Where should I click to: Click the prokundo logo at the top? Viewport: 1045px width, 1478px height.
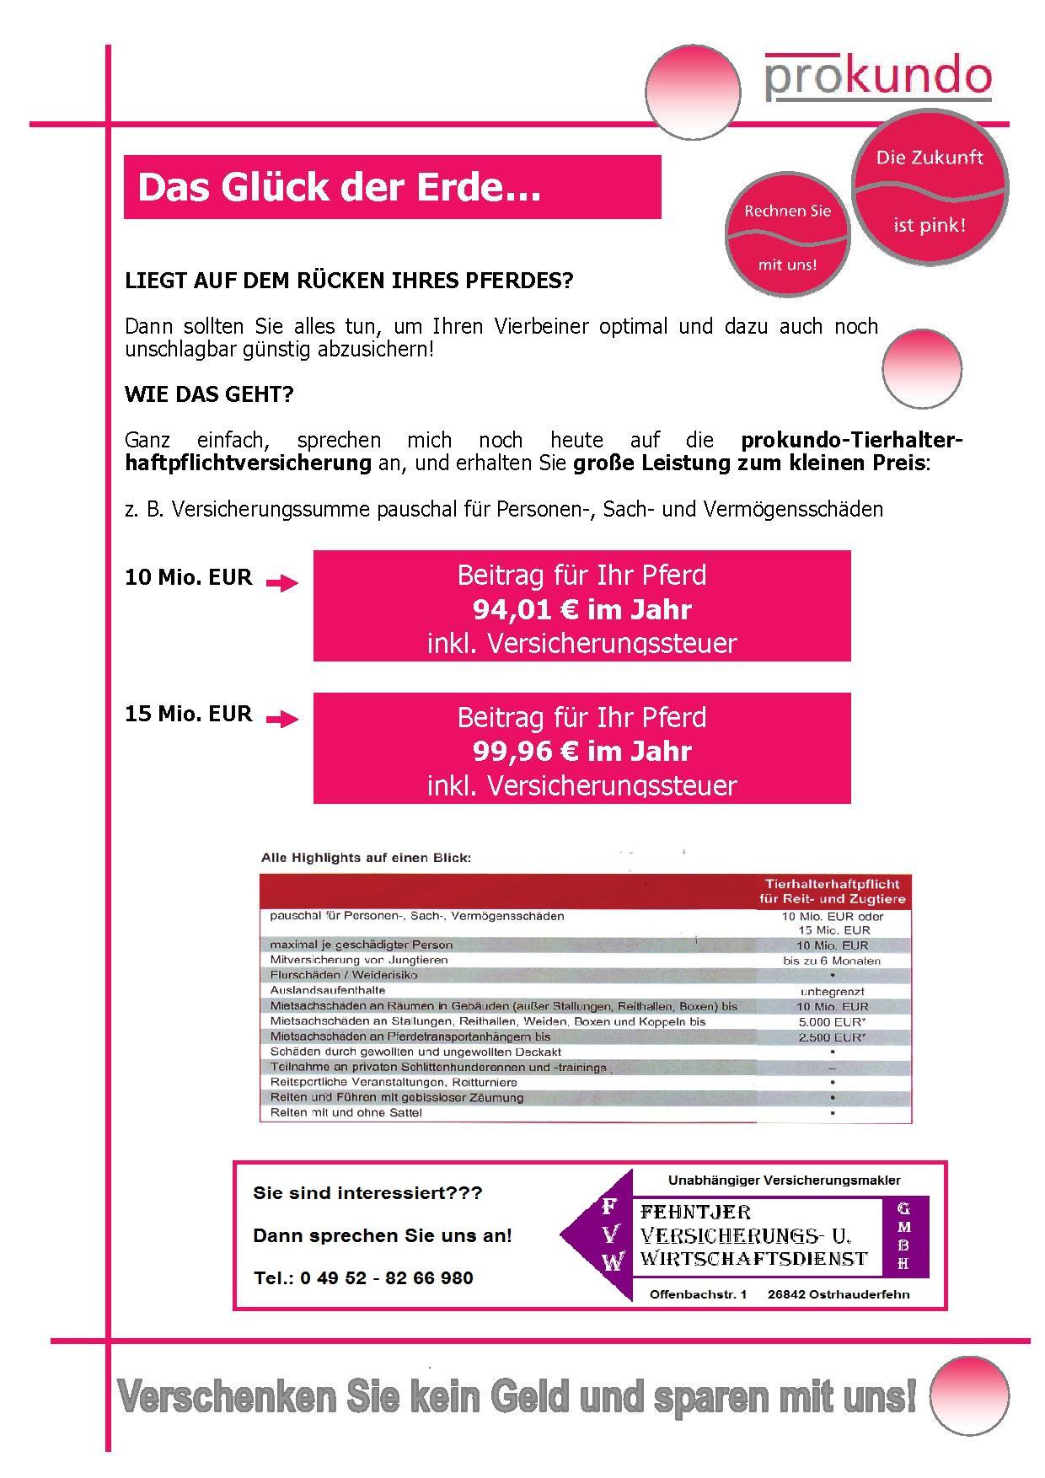click(x=877, y=78)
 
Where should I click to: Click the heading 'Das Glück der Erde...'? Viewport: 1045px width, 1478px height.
click(x=338, y=187)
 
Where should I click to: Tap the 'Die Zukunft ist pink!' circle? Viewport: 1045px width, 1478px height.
click(x=930, y=190)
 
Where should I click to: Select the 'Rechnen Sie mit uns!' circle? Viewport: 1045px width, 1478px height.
click(x=787, y=235)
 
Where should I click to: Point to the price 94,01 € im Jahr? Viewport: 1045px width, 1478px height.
click(x=581, y=609)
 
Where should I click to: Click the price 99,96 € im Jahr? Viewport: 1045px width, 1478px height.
click(x=581, y=751)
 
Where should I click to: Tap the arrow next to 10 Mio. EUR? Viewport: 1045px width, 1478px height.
click(x=282, y=583)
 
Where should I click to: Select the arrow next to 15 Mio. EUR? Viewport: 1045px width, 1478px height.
click(x=282, y=719)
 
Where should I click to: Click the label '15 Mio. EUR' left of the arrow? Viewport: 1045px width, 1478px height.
click(x=188, y=714)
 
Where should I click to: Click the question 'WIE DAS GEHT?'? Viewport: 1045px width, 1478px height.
click(x=209, y=394)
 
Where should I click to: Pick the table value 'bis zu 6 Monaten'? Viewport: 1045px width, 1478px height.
click(x=831, y=961)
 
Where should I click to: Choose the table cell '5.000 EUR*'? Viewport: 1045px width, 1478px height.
click(x=831, y=1021)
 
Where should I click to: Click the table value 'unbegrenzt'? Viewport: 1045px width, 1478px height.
click(x=832, y=992)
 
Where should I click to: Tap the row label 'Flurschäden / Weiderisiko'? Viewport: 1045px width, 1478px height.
click(x=343, y=975)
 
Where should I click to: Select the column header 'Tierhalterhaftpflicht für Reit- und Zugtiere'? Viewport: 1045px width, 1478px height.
click(x=832, y=892)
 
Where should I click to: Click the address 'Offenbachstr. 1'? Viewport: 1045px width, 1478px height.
click(x=698, y=1294)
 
